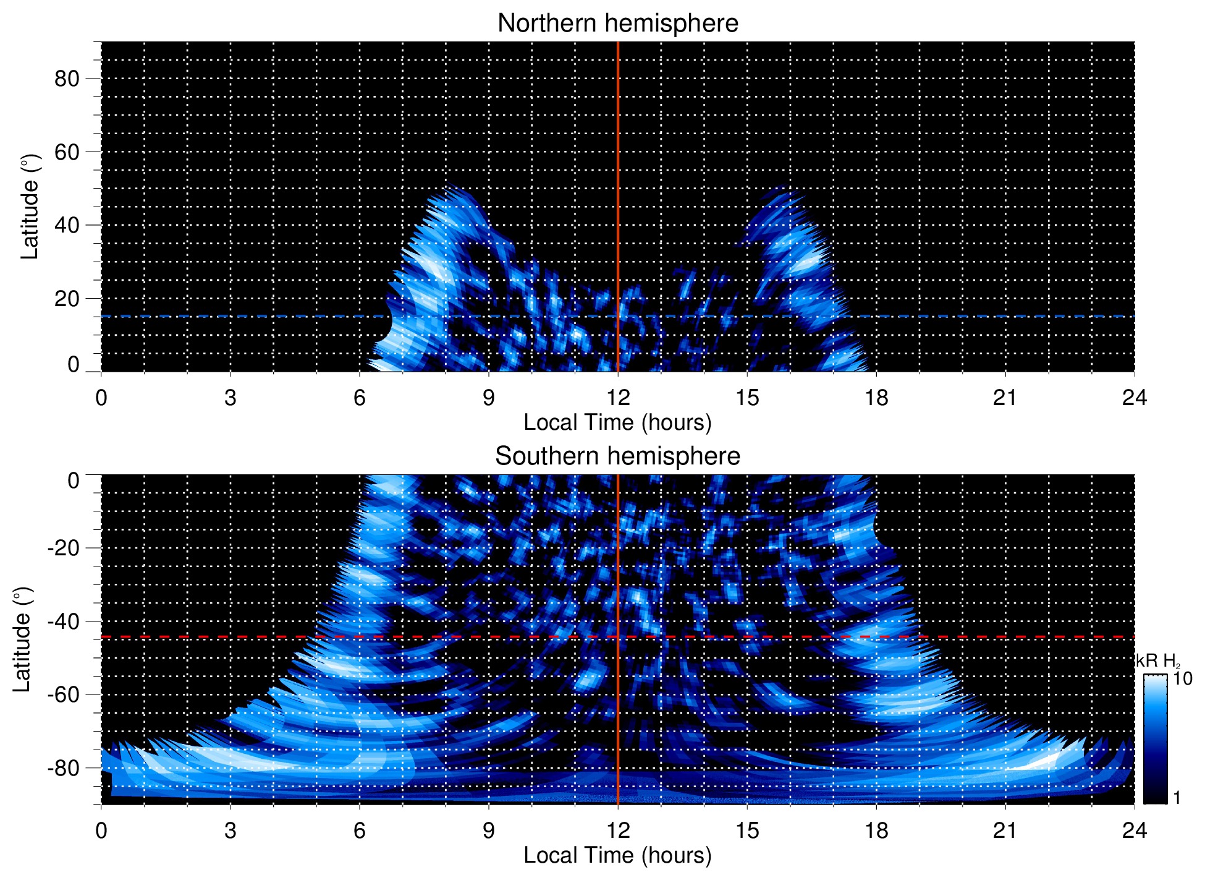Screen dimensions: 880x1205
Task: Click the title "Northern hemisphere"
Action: tap(617, 23)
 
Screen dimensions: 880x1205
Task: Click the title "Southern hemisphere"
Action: tap(617, 456)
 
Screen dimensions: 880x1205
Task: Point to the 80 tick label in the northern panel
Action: tap(67, 79)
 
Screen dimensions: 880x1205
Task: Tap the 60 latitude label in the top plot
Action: tap(67, 152)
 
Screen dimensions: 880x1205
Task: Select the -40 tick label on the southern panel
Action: tap(63, 621)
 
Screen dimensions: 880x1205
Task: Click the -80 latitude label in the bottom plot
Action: tap(63, 767)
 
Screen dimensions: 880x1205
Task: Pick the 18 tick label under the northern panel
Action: tap(876, 397)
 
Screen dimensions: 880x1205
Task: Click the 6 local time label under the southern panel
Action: tap(360, 830)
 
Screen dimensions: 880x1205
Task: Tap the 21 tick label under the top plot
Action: tap(1005, 397)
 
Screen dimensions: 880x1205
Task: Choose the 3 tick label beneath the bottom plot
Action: tap(230, 830)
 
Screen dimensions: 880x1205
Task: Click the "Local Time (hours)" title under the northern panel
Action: tap(617, 422)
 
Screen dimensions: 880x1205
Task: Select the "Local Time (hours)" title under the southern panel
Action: tap(617, 855)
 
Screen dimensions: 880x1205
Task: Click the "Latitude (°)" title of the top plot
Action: tap(30, 207)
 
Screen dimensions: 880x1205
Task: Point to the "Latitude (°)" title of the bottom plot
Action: tap(22, 639)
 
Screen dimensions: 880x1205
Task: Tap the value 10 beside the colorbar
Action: tap(1182, 678)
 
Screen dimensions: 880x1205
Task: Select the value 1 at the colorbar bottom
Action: tap(1177, 798)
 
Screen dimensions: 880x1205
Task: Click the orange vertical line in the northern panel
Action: tap(618, 155)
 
